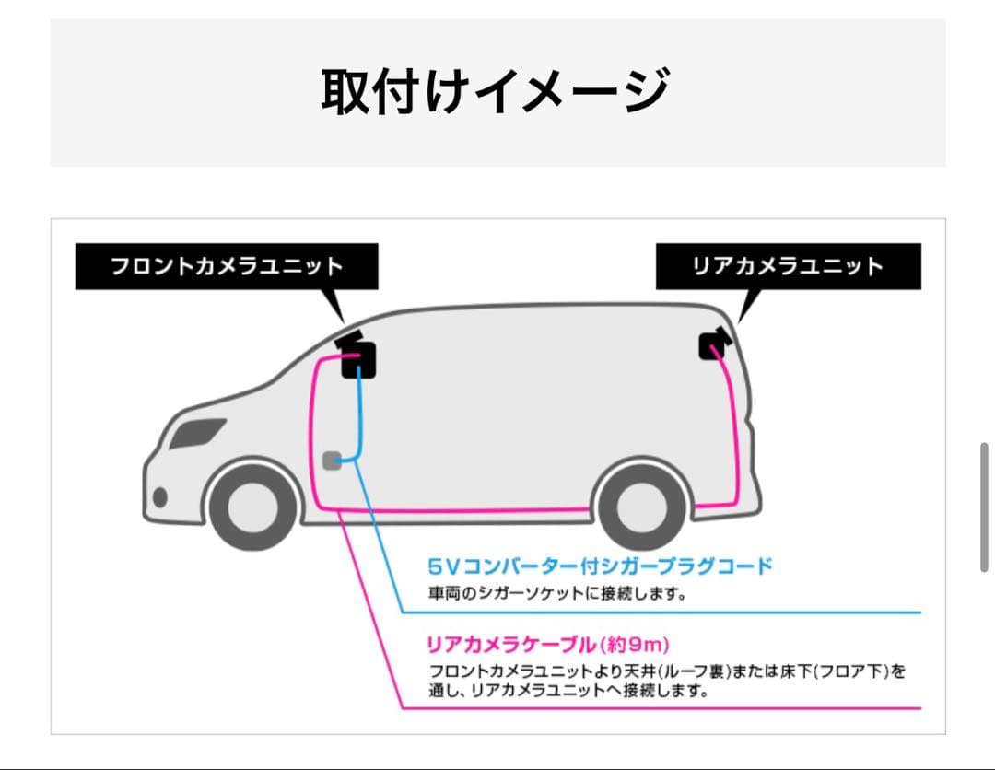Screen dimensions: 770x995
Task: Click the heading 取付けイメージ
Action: (494, 91)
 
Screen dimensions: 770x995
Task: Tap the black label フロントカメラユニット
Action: (227, 267)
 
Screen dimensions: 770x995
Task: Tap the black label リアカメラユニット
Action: (788, 267)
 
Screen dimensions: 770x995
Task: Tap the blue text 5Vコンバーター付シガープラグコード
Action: (599, 566)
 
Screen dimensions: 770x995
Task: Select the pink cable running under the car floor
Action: (461, 509)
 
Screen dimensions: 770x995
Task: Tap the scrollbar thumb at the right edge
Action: (985, 507)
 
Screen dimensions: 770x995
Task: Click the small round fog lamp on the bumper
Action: (160, 497)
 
